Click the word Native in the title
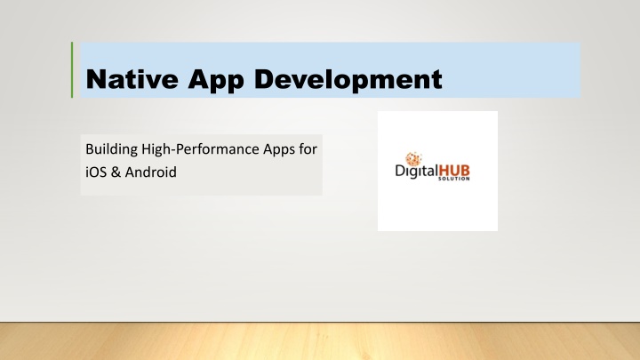click(x=132, y=79)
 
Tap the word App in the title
click(x=216, y=81)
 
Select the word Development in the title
click(x=348, y=80)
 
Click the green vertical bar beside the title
click(x=72, y=70)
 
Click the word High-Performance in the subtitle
click(x=200, y=149)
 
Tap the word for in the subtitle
click(x=308, y=149)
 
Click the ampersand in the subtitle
click(x=116, y=172)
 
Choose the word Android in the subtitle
click(x=150, y=172)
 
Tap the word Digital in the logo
click(x=416, y=171)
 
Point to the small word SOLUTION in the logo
click(x=454, y=179)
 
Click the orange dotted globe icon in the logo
click(x=413, y=158)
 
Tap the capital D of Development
click(x=265, y=79)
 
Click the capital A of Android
click(x=130, y=172)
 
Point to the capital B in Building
click(x=90, y=149)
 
